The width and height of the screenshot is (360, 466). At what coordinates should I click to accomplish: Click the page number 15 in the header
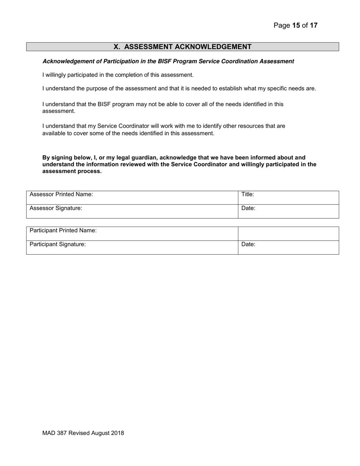[x=296, y=26]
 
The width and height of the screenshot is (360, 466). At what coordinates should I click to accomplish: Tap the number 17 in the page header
[x=313, y=26]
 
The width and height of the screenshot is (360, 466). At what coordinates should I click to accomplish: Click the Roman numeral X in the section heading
[x=117, y=47]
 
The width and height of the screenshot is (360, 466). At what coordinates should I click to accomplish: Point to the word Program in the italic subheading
[x=185, y=61]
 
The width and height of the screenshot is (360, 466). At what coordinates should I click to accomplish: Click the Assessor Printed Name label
[x=61, y=194]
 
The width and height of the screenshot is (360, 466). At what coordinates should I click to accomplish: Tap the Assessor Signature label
[x=56, y=208]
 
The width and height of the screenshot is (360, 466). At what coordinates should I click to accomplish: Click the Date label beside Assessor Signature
[x=248, y=208]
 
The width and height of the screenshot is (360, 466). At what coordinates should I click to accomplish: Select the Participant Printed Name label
[x=63, y=230]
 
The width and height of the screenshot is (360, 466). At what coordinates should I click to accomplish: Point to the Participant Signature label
[x=58, y=244]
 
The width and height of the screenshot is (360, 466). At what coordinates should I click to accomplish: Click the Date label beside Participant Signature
[x=248, y=244]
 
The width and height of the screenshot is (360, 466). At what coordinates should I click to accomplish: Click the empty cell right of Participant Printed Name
[x=288, y=233]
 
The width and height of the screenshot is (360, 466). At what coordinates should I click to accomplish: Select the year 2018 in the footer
[x=117, y=433]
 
